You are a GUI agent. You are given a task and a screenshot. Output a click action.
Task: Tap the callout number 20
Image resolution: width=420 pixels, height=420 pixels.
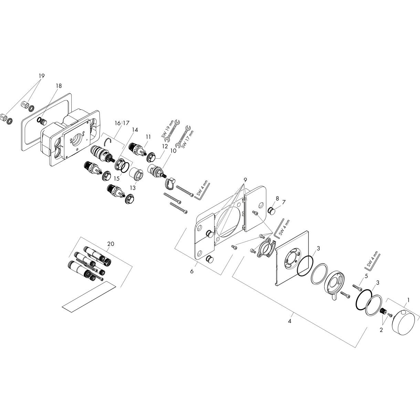point(111,244)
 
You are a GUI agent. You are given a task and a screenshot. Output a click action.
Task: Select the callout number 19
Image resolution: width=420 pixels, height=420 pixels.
point(42,76)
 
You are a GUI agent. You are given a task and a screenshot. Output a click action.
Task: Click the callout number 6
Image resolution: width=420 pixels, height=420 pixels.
point(192,272)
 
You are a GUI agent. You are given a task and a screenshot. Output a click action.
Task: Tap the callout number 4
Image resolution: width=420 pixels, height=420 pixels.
point(290,321)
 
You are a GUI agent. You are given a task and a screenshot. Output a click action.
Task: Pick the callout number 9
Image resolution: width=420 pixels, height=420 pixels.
point(245,180)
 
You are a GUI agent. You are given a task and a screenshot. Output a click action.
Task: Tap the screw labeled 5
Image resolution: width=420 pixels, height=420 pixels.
point(357,286)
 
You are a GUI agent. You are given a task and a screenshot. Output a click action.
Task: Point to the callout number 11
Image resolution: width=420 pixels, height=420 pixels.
point(148,137)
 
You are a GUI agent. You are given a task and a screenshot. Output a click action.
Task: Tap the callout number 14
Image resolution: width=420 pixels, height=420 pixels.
point(135,130)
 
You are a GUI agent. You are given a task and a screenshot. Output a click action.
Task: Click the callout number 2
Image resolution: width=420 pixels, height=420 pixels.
point(381,330)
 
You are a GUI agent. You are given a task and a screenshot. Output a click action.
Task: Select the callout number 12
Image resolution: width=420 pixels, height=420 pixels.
point(165,146)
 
